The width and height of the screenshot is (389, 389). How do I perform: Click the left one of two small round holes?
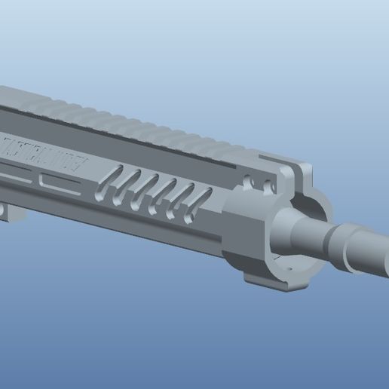click(x=250, y=182)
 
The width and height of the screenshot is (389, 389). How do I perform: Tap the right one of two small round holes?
click(x=265, y=185)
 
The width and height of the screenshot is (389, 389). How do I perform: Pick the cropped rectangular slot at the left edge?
click(x=11, y=175)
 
